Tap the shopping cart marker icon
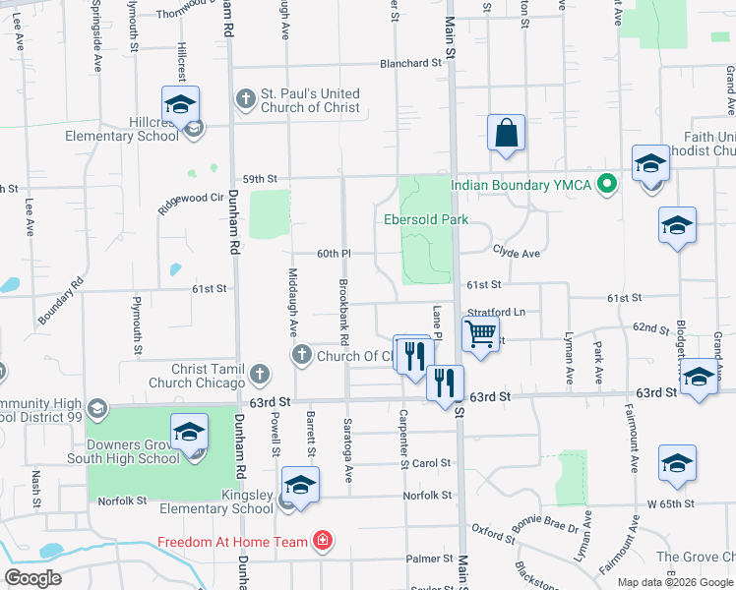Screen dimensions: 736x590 pos(480,334)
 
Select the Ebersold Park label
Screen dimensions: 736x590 pos(426,219)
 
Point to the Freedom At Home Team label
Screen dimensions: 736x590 pos(234,541)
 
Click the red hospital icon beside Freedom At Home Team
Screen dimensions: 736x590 pos(321,540)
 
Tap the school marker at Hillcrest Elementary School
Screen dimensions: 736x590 pos(181,105)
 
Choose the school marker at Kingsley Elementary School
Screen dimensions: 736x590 pos(300,486)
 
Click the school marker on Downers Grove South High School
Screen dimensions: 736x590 pos(190,433)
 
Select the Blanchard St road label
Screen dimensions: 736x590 pos(411,63)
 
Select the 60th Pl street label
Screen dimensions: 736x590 pos(334,254)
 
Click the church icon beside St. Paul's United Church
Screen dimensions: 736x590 pos(244,98)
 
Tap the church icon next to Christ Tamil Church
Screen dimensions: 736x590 pos(259,374)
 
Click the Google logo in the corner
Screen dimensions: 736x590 pos(33,578)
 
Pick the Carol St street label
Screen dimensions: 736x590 pos(432,463)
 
